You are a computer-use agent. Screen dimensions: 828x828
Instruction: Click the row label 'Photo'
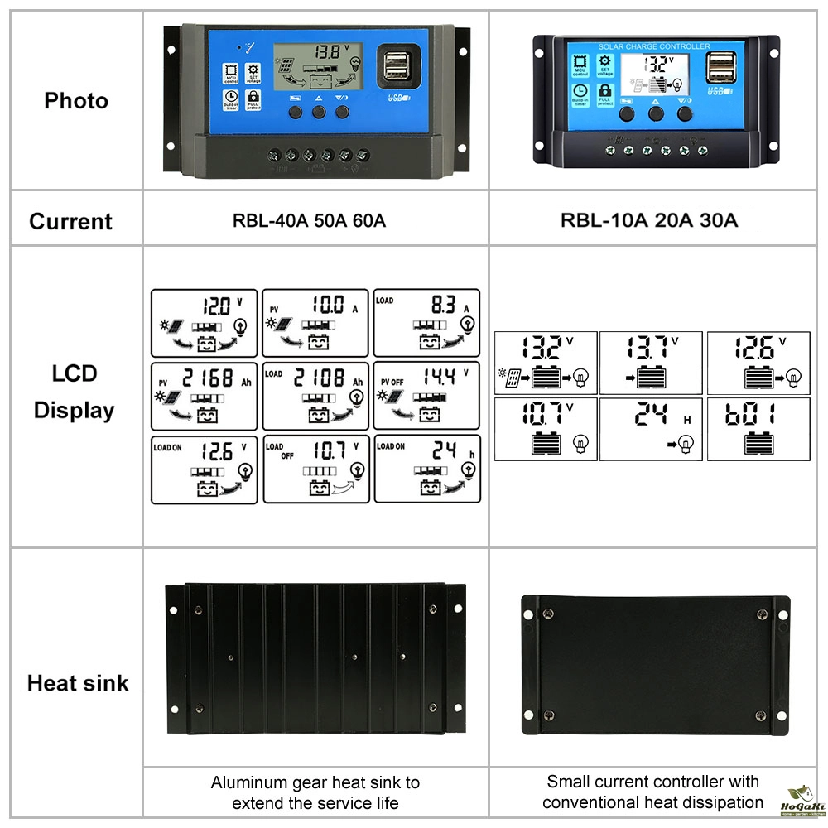[x=76, y=101]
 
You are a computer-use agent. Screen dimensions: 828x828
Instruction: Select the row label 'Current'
[x=70, y=221]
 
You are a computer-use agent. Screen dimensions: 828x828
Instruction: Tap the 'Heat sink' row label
[x=78, y=683]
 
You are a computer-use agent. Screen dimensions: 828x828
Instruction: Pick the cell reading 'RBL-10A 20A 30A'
[x=649, y=221]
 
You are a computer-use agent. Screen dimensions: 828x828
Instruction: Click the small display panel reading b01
[x=758, y=429]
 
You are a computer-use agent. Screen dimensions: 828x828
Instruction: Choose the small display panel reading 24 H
[x=651, y=429]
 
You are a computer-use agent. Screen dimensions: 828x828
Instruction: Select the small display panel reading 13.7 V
[x=651, y=363]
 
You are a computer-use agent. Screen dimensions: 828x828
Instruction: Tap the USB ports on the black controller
[x=720, y=69]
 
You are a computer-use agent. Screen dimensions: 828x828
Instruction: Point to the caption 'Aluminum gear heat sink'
[x=315, y=782]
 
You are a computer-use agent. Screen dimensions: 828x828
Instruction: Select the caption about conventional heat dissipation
[x=652, y=792]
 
